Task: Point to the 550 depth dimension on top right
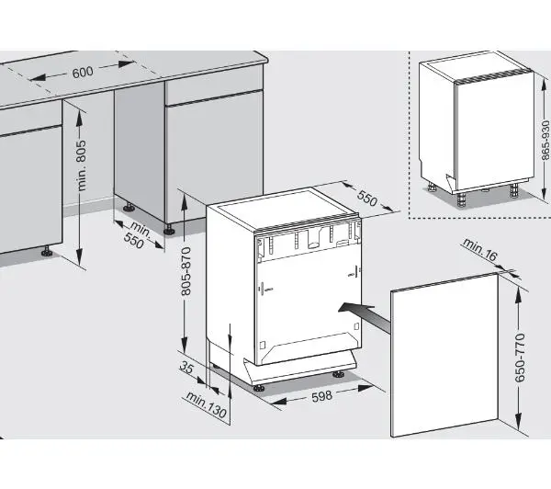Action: tap(367, 199)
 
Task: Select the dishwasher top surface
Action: tap(285, 210)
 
